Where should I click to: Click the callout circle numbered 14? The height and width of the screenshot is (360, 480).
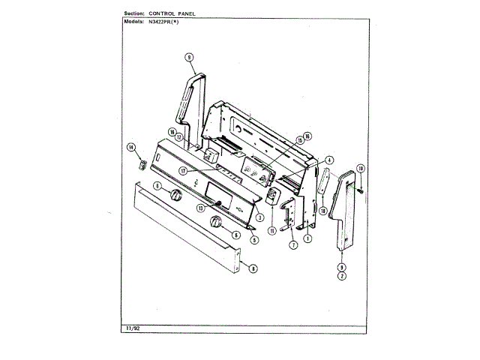click(x=130, y=147)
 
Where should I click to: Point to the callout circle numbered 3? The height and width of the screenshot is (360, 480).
click(x=259, y=217)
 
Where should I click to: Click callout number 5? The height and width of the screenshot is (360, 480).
click(x=255, y=240)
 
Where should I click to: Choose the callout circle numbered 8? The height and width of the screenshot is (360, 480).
click(x=253, y=268)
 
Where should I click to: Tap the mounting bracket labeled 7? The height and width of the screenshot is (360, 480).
click(x=289, y=217)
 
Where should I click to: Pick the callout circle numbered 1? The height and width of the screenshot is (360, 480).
click(x=307, y=238)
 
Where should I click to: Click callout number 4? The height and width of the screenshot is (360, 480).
click(x=328, y=160)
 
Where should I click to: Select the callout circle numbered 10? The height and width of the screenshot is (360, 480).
click(x=360, y=168)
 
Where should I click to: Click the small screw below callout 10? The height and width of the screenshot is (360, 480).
click(x=361, y=192)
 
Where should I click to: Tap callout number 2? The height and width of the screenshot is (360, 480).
click(x=341, y=277)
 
